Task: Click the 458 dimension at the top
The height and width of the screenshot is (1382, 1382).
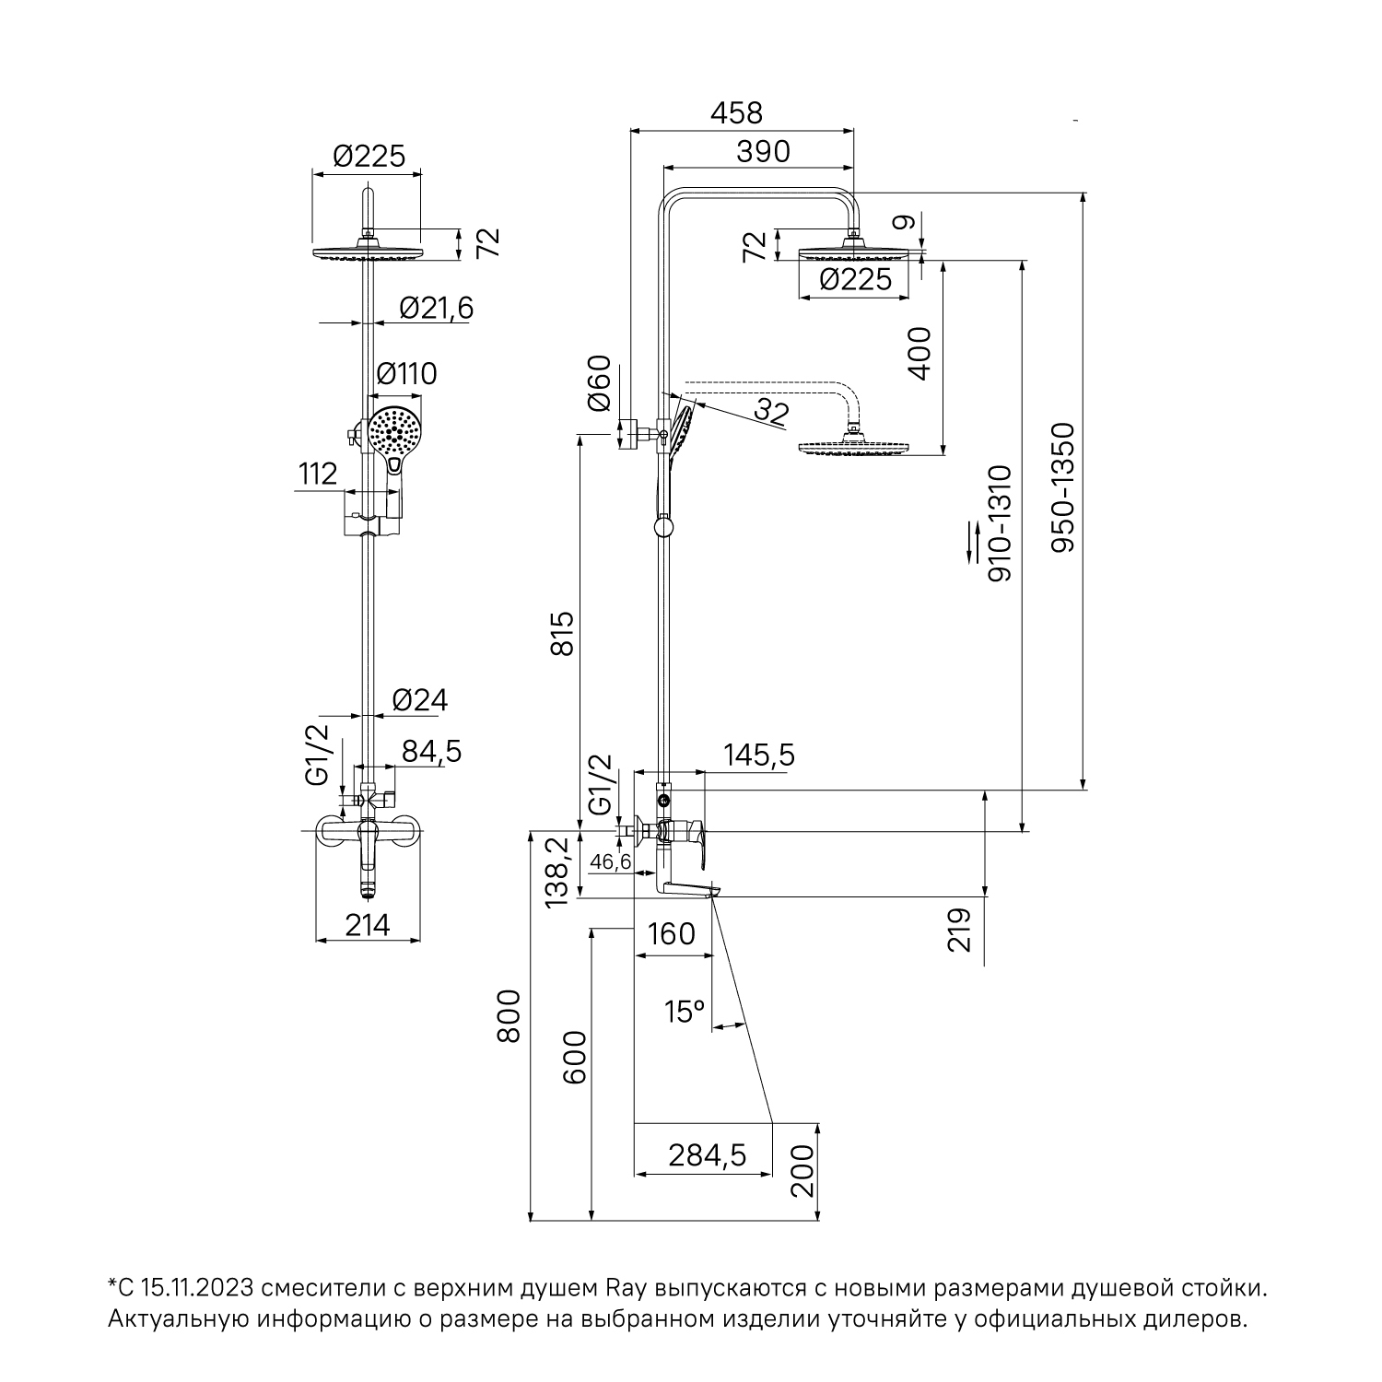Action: point(737,112)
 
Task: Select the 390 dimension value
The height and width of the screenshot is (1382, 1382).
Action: point(763,152)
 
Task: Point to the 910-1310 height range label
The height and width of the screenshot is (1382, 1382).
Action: point(1000,523)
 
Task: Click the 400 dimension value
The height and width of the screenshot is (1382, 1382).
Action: point(919,353)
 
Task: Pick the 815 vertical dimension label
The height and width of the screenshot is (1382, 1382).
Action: point(563,633)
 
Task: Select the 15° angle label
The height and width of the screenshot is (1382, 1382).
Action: point(685,1013)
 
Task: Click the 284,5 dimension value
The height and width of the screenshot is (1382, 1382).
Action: point(707,1154)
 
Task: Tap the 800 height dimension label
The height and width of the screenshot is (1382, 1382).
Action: point(509,1015)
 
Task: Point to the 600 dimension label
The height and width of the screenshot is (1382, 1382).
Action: point(574,1058)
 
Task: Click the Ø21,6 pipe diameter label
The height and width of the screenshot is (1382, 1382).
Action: point(436,308)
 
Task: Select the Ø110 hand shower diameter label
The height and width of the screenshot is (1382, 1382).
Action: point(407,374)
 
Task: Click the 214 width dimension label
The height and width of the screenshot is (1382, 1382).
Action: point(369,924)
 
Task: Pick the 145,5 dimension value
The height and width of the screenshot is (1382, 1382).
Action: point(759,755)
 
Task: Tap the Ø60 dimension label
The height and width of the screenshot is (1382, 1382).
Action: point(599,382)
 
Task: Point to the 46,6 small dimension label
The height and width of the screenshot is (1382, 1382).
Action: point(611,862)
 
